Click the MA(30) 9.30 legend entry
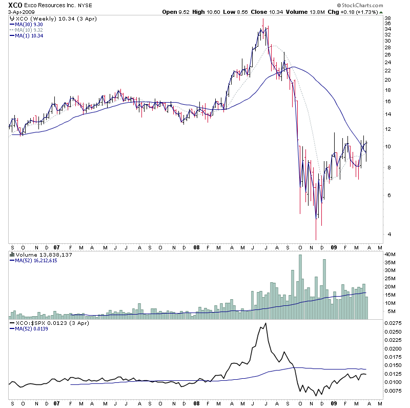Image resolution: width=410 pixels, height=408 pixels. click(x=29, y=24)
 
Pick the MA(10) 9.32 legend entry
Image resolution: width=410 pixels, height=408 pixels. click(x=29, y=30)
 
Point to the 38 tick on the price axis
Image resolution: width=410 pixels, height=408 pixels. click(x=388, y=18)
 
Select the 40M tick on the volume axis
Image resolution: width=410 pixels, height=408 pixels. click(x=391, y=254)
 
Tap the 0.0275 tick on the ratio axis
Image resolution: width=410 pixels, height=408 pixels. click(x=393, y=323)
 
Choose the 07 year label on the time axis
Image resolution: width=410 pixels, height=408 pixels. click(x=56, y=246)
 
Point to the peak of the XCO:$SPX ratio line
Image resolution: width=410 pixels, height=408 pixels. click(x=265, y=323)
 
